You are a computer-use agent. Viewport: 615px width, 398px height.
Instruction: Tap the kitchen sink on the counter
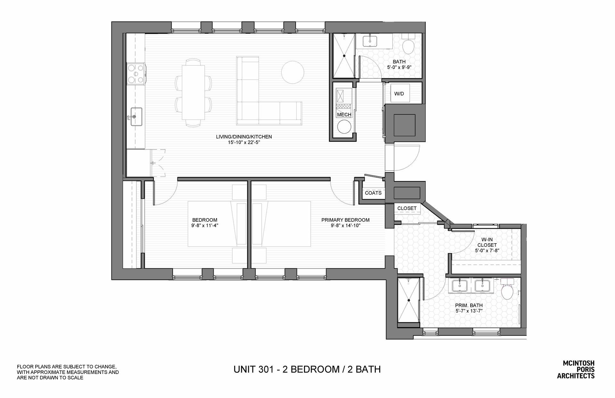pyautogui.click(x=136, y=116)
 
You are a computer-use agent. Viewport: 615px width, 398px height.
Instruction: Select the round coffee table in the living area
pyautogui.click(x=292, y=71)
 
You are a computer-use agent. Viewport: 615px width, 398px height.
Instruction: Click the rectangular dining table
pyautogui.click(x=193, y=92)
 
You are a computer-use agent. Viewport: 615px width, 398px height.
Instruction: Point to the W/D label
pyautogui.click(x=399, y=94)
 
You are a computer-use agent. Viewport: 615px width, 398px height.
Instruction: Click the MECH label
pyautogui.click(x=344, y=115)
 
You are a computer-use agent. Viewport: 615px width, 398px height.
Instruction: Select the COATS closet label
pyautogui.click(x=373, y=193)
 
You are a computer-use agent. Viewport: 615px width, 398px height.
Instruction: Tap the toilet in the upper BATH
pyautogui.click(x=408, y=45)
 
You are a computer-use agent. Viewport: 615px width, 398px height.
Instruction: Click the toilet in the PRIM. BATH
pyautogui.click(x=507, y=290)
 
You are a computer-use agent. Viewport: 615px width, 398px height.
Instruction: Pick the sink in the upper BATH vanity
pyautogui.click(x=372, y=40)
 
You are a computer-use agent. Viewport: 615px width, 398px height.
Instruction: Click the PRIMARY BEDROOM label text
pyautogui.click(x=345, y=220)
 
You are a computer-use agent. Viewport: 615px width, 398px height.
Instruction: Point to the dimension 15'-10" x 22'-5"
pyautogui.click(x=244, y=142)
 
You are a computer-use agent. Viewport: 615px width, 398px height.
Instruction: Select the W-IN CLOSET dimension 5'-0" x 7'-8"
pyautogui.click(x=487, y=251)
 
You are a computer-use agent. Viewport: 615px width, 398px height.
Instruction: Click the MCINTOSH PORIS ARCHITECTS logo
pyautogui.click(x=578, y=369)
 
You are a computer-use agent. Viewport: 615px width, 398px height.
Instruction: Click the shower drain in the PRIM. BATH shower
pyautogui.click(x=409, y=300)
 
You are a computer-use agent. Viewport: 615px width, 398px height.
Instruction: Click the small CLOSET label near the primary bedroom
pyautogui.click(x=407, y=208)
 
